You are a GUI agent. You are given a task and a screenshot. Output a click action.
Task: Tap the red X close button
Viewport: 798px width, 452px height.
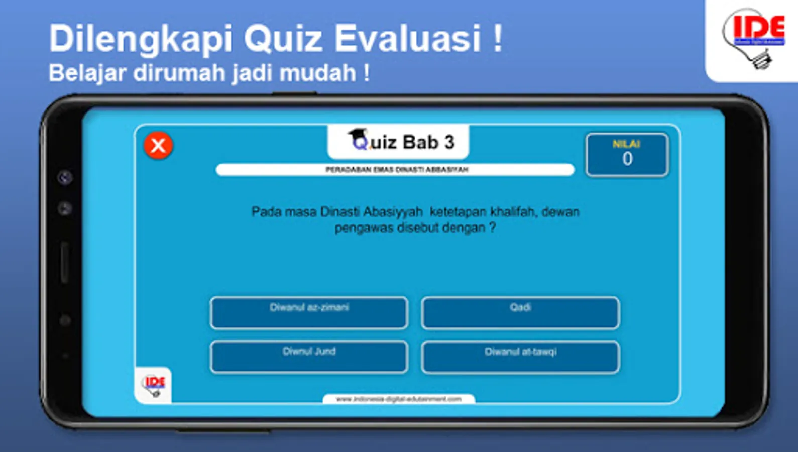pyautogui.click(x=158, y=146)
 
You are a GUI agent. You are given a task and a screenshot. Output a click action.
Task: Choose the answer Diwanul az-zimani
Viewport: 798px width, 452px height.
pyautogui.click(x=309, y=312)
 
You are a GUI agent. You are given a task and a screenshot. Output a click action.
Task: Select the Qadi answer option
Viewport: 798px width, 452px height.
pyautogui.click(x=520, y=312)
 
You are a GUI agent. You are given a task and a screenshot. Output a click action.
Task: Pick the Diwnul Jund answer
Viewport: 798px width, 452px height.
pyautogui.click(x=309, y=357)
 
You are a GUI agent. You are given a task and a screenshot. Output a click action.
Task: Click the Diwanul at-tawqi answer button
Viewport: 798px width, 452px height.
pyautogui.click(x=520, y=357)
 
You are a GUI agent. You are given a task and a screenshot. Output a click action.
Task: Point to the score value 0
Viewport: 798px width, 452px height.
pyautogui.click(x=627, y=159)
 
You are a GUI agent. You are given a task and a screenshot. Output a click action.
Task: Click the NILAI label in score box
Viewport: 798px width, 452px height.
pyautogui.click(x=626, y=144)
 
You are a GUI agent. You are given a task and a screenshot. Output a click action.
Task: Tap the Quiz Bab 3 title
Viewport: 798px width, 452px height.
pyautogui.click(x=402, y=142)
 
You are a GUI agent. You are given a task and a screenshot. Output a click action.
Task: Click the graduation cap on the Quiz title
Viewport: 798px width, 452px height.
pyautogui.click(x=357, y=135)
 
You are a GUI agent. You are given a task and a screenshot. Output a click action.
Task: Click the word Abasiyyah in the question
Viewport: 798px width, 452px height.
pyautogui.click(x=393, y=212)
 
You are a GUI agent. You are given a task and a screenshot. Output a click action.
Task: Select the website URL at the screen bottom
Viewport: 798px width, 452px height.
pyautogui.click(x=398, y=399)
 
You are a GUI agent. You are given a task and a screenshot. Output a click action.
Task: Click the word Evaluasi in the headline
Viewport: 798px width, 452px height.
pyautogui.click(x=408, y=39)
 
